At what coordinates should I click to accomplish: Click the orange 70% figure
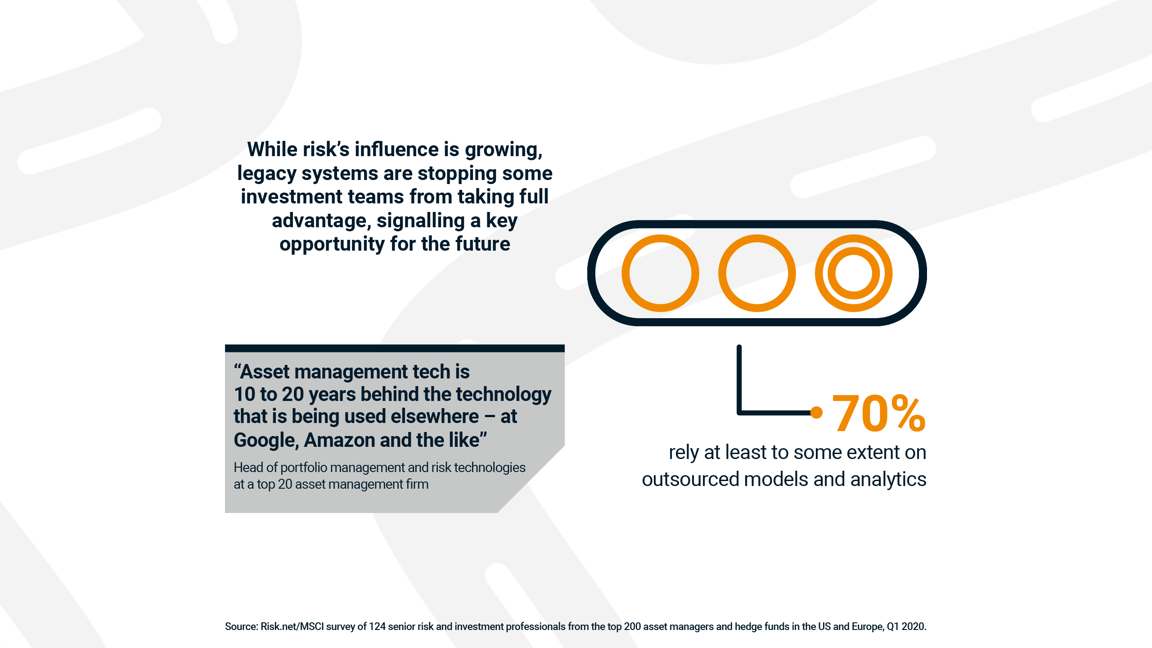tap(878, 413)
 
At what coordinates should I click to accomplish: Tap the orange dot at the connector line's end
tap(816, 412)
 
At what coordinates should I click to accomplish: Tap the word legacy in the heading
tap(266, 174)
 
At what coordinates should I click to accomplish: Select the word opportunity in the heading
tap(332, 244)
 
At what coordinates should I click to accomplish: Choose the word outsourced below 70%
tap(690, 479)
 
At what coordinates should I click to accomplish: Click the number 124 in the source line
tap(377, 626)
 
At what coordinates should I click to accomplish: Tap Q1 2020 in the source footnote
tap(906, 626)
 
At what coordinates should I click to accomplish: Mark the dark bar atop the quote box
tap(395, 348)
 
